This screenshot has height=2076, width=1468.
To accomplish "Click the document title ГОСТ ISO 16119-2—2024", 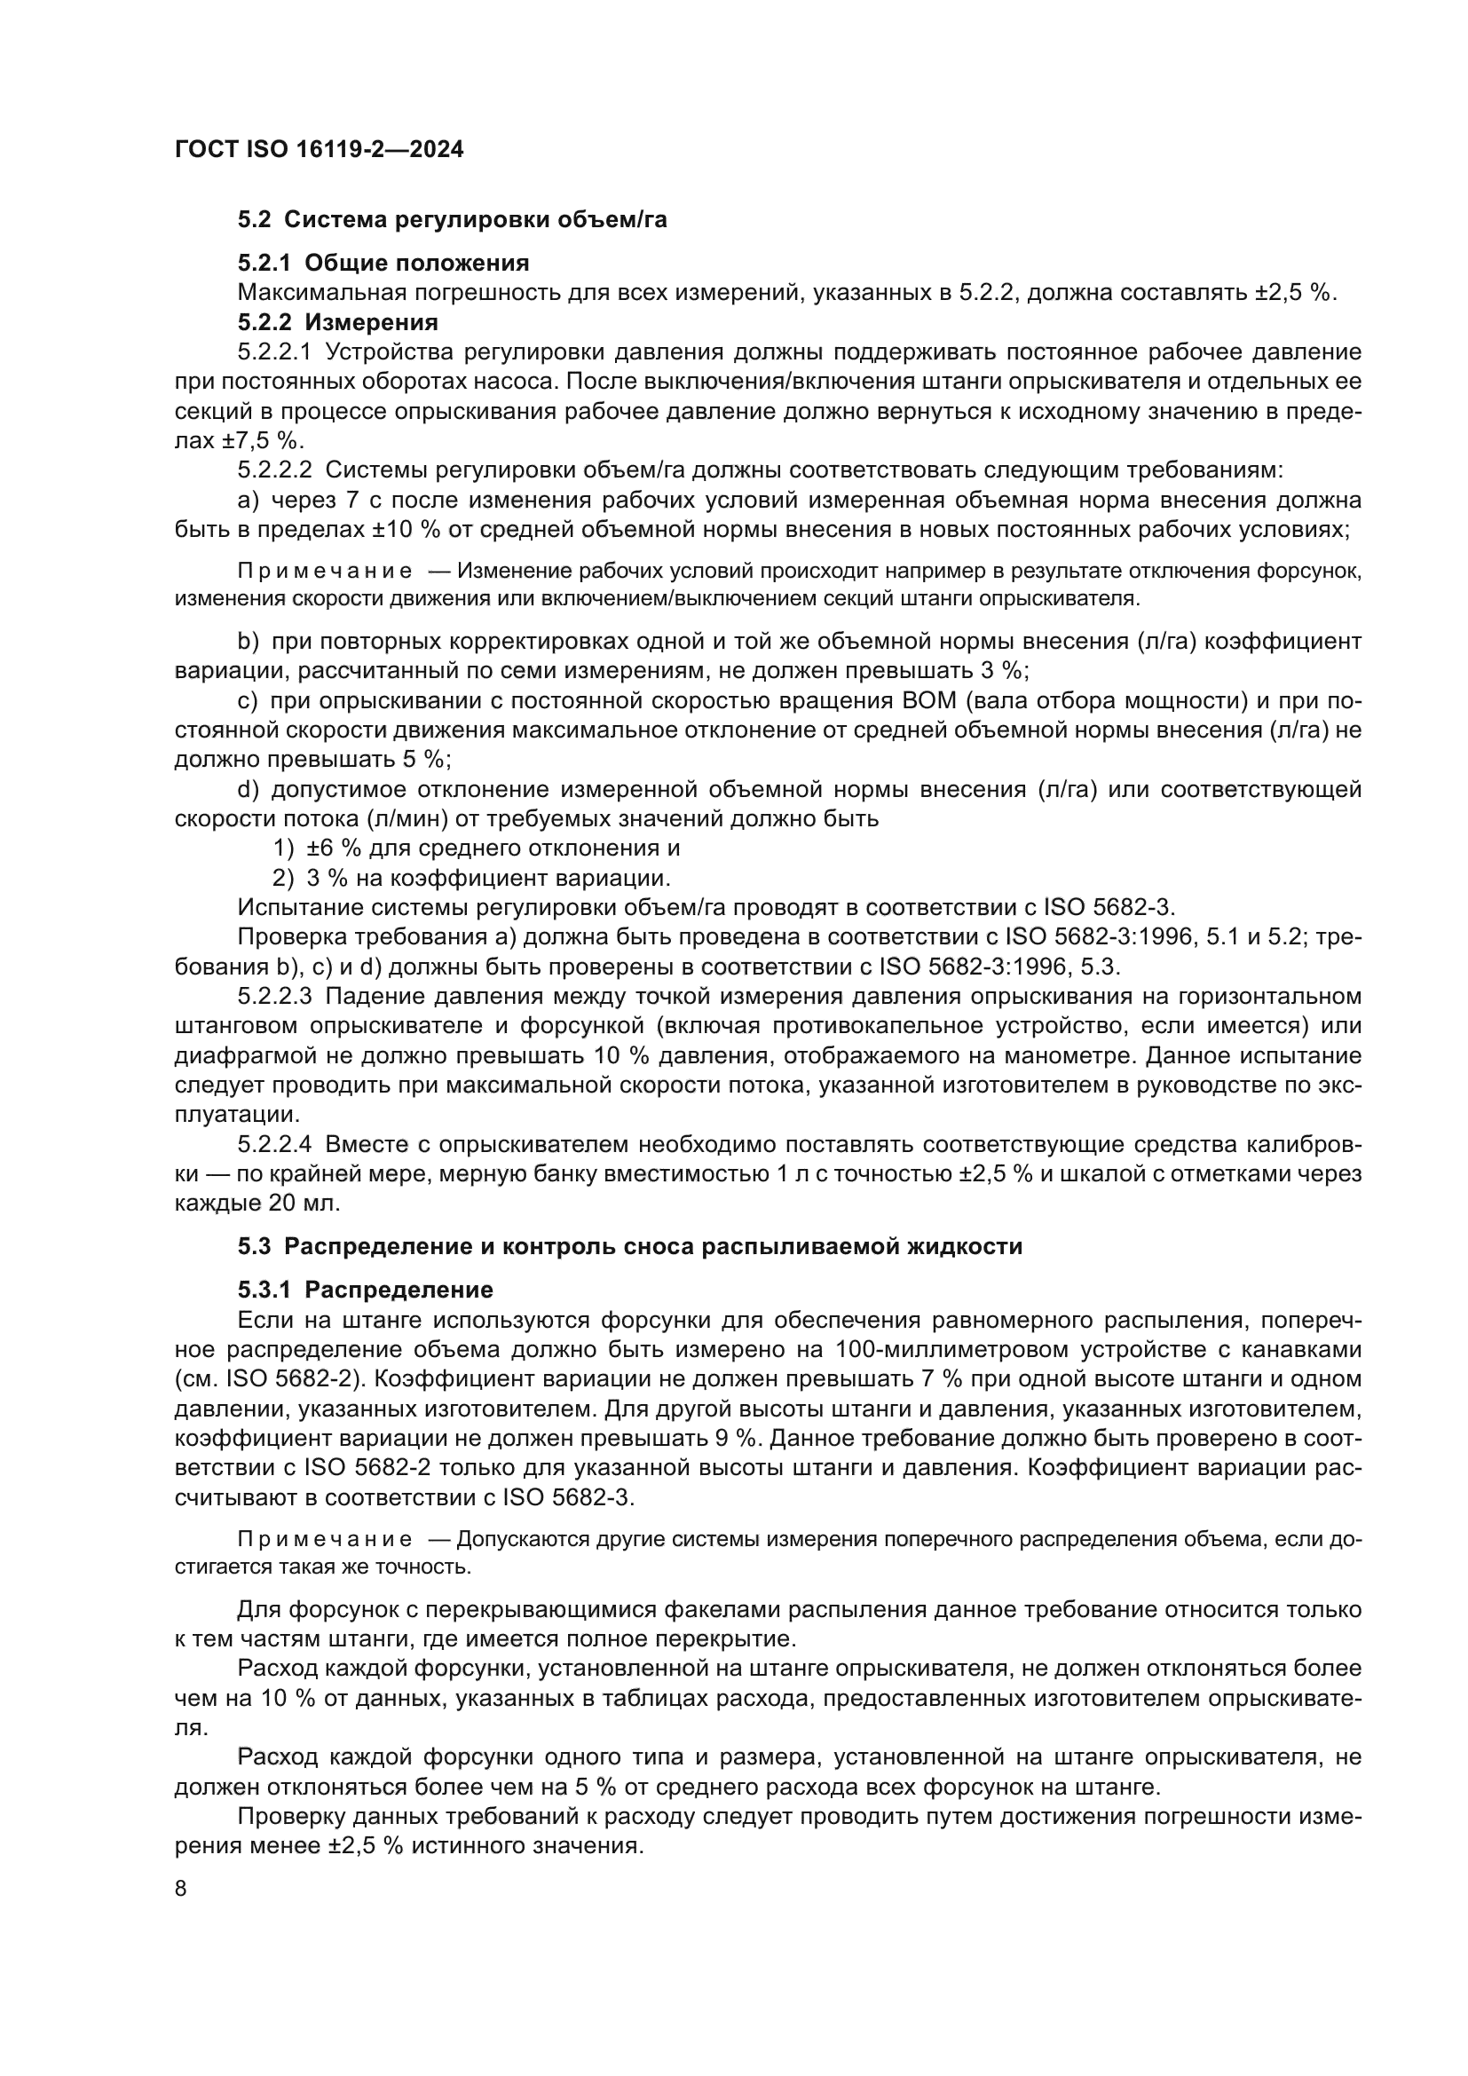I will [319, 150].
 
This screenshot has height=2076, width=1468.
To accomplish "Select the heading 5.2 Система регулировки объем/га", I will [452, 220].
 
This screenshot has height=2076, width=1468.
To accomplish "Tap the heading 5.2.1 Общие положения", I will [383, 263].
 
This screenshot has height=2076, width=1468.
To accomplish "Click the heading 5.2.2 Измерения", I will [338, 322].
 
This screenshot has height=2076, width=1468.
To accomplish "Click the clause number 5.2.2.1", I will [275, 351].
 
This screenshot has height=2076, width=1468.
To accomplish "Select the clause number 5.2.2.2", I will [275, 470].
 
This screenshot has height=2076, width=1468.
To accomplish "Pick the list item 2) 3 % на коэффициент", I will [472, 878].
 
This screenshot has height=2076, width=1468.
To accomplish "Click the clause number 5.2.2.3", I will [275, 997].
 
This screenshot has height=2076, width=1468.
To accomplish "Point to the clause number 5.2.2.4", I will [275, 1145].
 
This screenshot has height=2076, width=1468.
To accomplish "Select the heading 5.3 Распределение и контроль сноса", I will [630, 1246].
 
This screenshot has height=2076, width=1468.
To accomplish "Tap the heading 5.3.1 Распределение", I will [365, 1290].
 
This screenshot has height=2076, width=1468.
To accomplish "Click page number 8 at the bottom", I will [181, 1889].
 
